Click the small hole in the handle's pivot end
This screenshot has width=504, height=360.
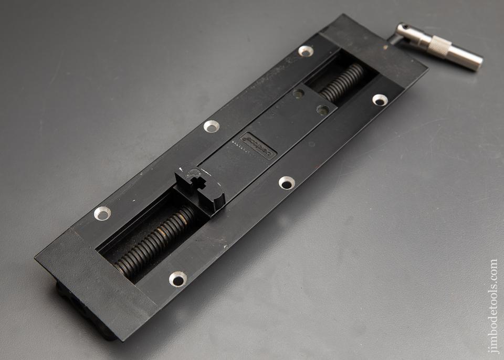point(405,27)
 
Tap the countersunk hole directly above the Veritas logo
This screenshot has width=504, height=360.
point(211,126)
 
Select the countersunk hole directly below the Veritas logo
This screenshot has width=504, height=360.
point(286,183)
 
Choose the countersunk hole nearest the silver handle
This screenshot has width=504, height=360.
point(380,100)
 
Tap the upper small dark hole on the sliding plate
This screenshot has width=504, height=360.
point(298,93)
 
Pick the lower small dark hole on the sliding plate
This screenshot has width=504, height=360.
point(323,110)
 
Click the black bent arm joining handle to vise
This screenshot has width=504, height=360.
point(393,38)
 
